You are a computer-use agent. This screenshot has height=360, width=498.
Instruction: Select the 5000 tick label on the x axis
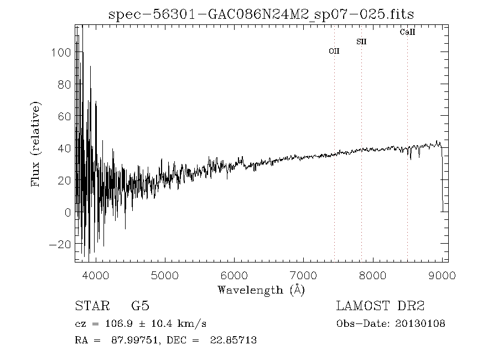(165, 275)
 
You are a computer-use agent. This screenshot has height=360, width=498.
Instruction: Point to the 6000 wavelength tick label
(235, 275)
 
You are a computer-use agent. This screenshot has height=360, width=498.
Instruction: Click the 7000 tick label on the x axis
(304, 275)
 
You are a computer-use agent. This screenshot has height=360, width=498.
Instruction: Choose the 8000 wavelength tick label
(373, 275)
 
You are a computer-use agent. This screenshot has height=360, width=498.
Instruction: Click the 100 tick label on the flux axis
(59, 53)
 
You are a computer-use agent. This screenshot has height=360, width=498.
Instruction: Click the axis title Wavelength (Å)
(261, 290)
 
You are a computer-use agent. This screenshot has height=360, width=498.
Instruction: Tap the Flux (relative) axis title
(36, 144)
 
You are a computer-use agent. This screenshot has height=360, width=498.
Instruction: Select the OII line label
(334, 51)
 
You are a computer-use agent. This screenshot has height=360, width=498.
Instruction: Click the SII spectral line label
(361, 42)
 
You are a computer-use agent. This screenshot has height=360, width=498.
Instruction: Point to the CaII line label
(407, 32)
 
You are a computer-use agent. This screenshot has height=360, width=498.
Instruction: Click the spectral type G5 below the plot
(140, 306)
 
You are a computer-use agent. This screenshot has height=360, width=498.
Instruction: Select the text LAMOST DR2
(380, 306)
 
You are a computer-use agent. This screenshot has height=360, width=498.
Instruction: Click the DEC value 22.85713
(234, 340)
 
